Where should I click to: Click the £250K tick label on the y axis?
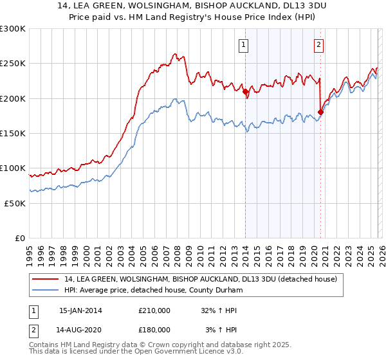point(13,64)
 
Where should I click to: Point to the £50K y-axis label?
point(15,203)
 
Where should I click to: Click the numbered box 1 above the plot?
point(244,45)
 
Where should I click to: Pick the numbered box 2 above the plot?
point(319,45)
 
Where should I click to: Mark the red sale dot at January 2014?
point(245,92)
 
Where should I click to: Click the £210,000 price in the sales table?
point(154,310)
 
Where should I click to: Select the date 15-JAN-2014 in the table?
point(80,310)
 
